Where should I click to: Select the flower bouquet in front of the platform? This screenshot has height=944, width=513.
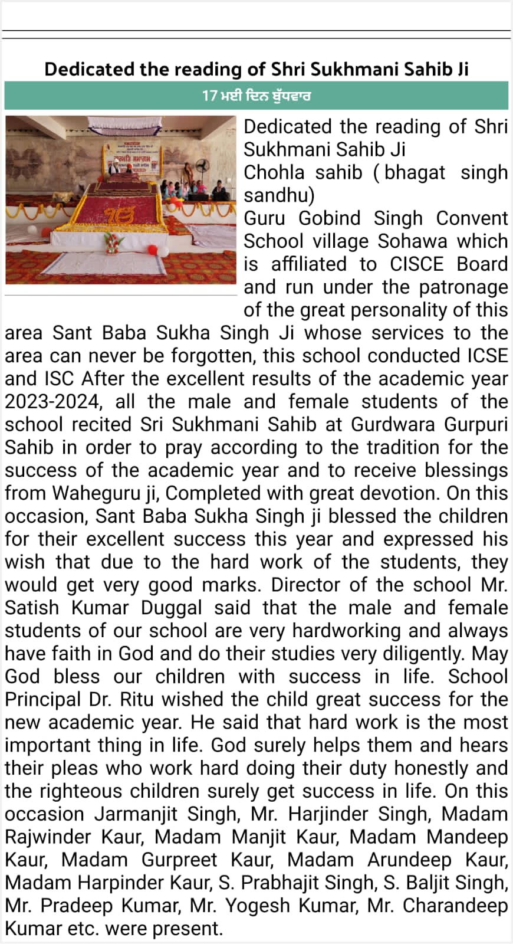point(112,242)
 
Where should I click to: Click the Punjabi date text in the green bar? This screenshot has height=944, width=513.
point(256,96)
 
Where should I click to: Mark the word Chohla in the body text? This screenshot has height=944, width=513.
point(274,173)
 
